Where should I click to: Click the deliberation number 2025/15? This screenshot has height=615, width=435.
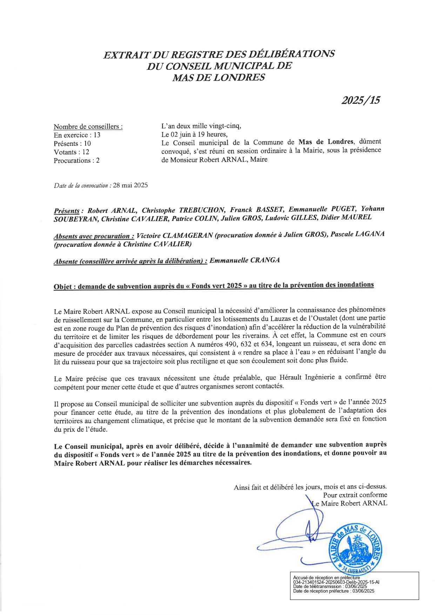point(361,101)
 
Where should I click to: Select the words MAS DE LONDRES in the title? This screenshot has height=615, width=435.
point(218,77)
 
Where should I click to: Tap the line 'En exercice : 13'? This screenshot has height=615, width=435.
point(77,135)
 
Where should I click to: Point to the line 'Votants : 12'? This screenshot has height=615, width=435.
point(71,152)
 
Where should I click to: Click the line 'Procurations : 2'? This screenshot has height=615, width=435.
point(76,161)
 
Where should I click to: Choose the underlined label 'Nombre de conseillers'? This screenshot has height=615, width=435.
point(88,127)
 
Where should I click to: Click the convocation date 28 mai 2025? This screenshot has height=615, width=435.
point(130,185)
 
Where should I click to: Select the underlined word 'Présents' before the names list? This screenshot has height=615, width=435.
point(67,211)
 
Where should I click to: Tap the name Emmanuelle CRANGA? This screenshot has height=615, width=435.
point(245,260)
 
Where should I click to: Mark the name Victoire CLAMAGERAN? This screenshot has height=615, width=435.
point(175,235)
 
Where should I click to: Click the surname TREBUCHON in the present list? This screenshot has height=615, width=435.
point(202,210)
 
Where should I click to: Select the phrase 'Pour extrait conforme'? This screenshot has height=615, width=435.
point(355,495)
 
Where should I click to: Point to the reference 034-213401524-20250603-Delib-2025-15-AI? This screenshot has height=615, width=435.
point(336,582)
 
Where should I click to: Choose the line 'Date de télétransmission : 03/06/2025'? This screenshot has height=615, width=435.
point(330,586)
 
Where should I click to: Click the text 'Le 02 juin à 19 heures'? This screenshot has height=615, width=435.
point(194,134)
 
